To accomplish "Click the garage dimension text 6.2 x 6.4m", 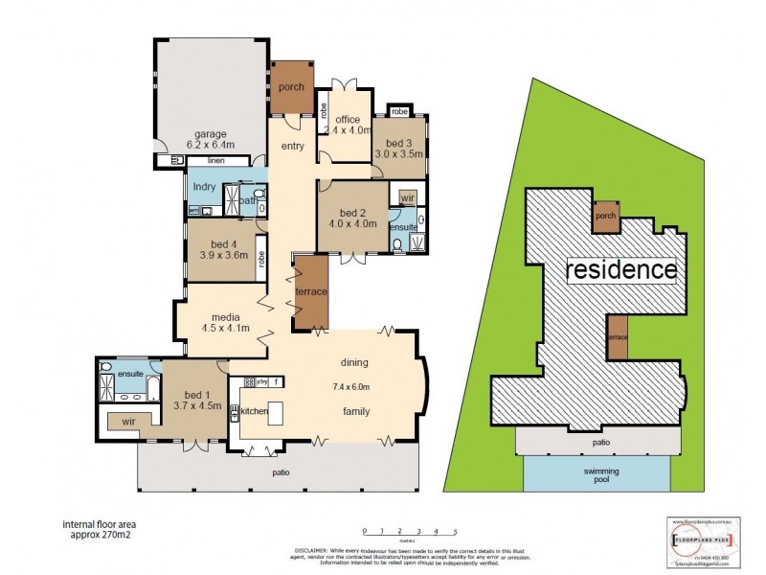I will tap(210, 147).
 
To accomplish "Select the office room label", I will tap(347, 120).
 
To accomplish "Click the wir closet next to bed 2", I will tap(406, 197).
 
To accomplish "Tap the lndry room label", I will tap(204, 187).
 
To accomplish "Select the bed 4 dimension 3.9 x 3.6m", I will tap(223, 256).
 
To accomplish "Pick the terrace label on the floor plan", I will tap(311, 290).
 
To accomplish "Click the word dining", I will tap(354, 362).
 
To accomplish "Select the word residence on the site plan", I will tap(621, 269).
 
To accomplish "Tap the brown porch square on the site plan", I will tap(605, 217).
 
